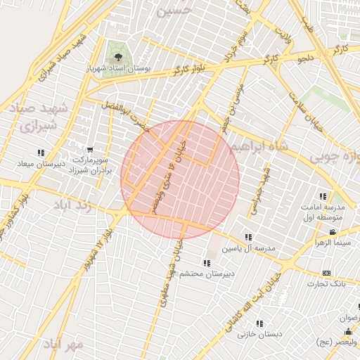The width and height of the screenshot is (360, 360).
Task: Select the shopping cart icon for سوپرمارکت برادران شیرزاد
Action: click(x=89, y=149)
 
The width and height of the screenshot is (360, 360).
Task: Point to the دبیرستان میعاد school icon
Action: click(x=41, y=152)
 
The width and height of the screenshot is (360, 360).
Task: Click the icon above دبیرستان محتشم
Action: click(x=207, y=262)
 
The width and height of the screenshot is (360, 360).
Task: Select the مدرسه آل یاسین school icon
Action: click(x=247, y=237)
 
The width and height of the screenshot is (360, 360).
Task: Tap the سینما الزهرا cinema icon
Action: click(x=332, y=233)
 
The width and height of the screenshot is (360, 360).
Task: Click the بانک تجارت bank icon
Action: click(x=326, y=272)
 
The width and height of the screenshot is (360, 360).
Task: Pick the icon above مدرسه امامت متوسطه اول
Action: click(x=323, y=196)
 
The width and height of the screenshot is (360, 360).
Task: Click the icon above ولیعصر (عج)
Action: click(x=347, y=330)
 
